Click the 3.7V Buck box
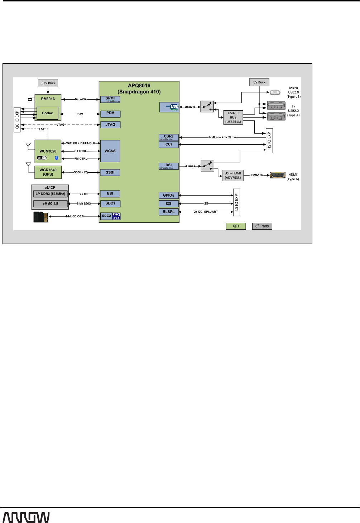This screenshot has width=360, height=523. point(48,83)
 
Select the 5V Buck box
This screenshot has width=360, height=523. point(259,82)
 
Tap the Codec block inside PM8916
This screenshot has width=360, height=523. point(47,113)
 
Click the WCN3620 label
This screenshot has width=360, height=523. point(48,151)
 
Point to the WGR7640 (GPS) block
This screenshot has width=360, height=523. point(48,172)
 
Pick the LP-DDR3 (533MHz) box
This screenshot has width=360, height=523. point(50,194)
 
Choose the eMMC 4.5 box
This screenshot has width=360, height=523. point(50,203)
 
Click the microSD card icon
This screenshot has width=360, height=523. point(40,217)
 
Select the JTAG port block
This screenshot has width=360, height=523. point(110,125)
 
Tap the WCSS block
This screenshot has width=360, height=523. point(110,151)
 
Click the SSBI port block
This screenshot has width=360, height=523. point(110,172)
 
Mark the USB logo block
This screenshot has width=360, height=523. point(169,107)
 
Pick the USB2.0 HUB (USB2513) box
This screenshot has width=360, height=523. point(233,117)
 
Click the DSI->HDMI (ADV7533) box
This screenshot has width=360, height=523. point(233,176)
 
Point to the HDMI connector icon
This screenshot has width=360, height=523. point(278,175)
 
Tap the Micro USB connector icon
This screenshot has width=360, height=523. point(274,92)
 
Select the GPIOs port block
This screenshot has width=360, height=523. point(168,195)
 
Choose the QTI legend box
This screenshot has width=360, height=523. point(236,226)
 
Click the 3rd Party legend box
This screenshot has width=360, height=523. point(262,226)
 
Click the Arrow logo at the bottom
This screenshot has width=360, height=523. point(26,517)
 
